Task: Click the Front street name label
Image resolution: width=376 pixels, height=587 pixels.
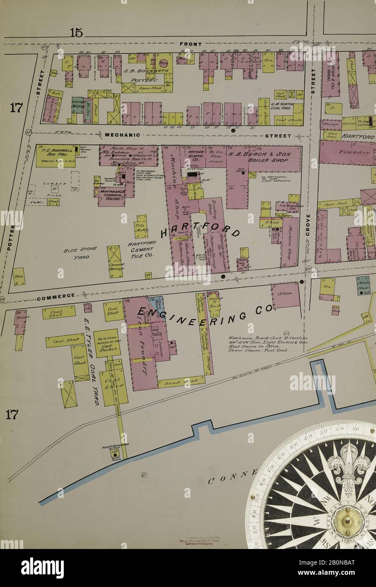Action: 191,44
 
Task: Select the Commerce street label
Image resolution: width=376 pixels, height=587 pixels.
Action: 56,296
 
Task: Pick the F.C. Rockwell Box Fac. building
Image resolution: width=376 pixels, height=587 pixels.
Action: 55,156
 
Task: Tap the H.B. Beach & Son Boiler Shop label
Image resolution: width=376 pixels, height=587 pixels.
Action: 259,158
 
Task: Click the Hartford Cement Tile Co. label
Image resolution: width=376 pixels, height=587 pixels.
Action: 142,249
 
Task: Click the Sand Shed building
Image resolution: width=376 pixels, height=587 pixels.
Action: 181,382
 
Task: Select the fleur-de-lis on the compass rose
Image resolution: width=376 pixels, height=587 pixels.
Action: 349,467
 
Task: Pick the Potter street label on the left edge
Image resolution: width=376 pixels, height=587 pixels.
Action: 11,239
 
